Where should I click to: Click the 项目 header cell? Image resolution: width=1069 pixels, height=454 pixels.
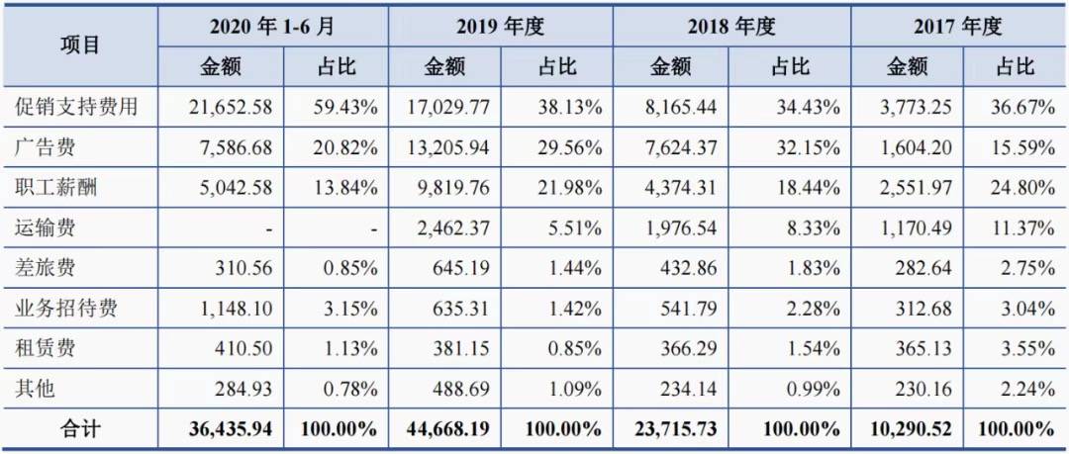80,45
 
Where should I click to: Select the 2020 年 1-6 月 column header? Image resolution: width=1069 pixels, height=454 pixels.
273,27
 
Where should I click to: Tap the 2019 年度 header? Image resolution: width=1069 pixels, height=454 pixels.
500,27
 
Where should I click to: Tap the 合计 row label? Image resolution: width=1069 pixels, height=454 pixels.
80,429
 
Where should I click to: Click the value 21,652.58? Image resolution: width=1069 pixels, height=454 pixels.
230,107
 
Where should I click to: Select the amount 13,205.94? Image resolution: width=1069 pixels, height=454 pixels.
448,148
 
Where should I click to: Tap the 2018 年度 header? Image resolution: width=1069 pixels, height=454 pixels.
727,27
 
